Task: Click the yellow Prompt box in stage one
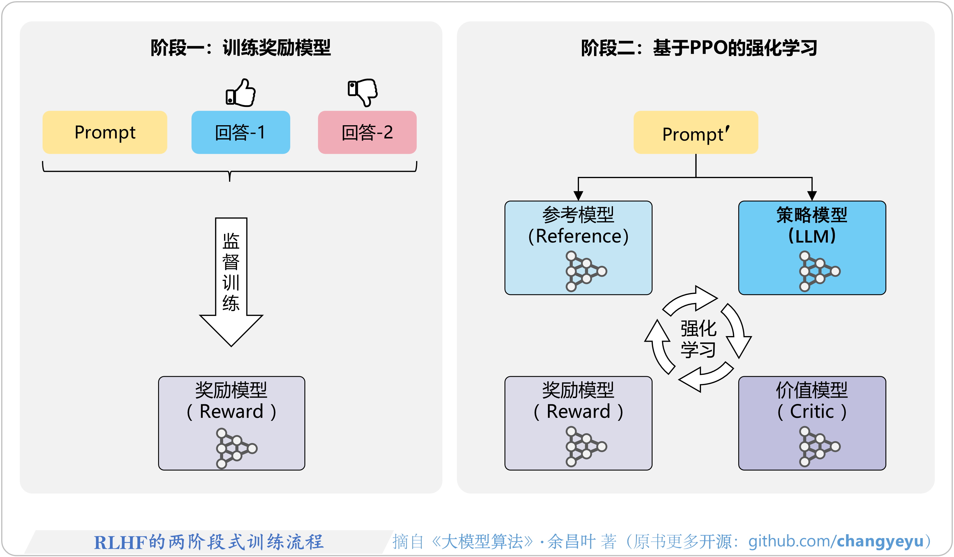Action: click(x=105, y=132)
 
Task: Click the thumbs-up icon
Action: click(x=241, y=93)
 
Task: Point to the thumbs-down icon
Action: click(x=363, y=92)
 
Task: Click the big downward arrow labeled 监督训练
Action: click(x=231, y=280)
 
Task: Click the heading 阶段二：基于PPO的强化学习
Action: click(x=699, y=48)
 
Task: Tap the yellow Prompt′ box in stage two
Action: click(x=695, y=133)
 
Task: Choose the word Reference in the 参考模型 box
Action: click(x=578, y=236)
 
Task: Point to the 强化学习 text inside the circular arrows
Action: click(x=698, y=339)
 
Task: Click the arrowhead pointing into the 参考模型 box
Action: click(x=578, y=196)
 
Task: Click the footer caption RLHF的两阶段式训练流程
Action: click(x=209, y=542)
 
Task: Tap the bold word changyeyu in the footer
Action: click(x=880, y=541)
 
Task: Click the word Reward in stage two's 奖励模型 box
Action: click(x=578, y=411)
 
